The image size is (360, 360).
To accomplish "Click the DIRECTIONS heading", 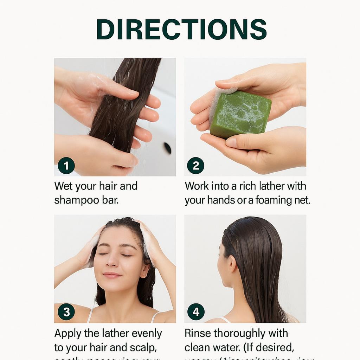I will pyautogui.click(x=181, y=29).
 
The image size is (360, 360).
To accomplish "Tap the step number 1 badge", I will pyautogui.click(x=66, y=166).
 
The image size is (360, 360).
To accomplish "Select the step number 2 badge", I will pyautogui.click(x=195, y=166).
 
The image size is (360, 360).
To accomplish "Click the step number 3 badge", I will pyautogui.click(x=66, y=311).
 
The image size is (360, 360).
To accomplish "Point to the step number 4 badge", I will pyautogui.click(x=195, y=311).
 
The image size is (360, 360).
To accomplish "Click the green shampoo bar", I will pyautogui.click(x=240, y=115).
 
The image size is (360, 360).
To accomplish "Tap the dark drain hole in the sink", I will pyautogui.click(x=168, y=148).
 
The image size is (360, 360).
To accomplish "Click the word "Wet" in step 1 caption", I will pyautogui.click(x=64, y=186).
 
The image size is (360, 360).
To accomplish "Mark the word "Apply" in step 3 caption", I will pyautogui.click(x=67, y=333).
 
